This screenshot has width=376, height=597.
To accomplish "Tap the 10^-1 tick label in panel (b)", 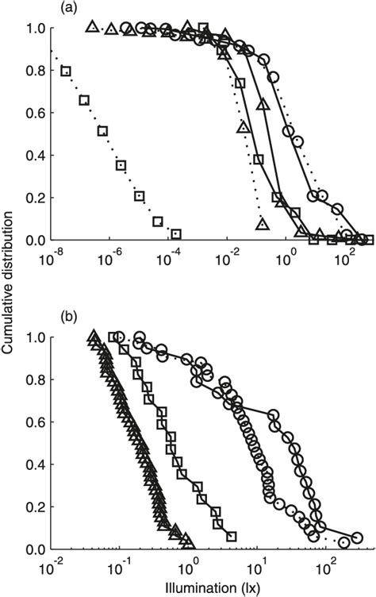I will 121,568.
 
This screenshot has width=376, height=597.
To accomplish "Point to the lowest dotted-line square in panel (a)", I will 176,233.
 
